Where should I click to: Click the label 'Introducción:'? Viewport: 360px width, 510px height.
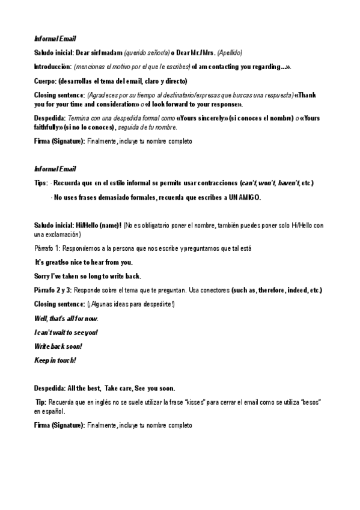coord(53,66)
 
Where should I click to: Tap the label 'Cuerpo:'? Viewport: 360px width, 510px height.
coord(47,81)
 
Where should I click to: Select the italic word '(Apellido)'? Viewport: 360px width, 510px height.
coord(229,52)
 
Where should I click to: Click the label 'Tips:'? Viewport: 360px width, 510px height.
coord(41,183)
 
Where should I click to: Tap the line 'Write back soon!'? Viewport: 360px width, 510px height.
coord(58,346)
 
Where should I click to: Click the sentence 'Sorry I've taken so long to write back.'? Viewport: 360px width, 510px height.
coord(88,276)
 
